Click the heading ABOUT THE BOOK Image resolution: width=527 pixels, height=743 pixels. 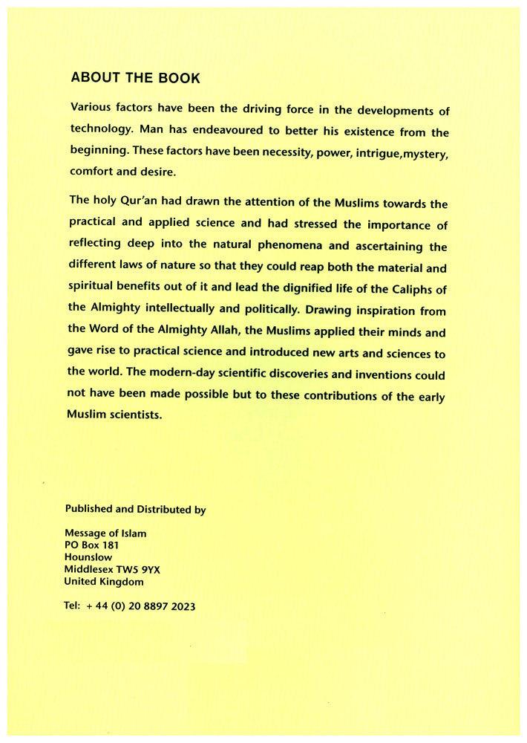click(x=135, y=77)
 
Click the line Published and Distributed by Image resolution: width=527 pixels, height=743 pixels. click(x=135, y=510)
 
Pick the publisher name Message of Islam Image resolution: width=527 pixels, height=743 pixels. click(x=105, y=533)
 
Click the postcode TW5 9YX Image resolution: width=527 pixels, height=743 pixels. click(x=146, y=570)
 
